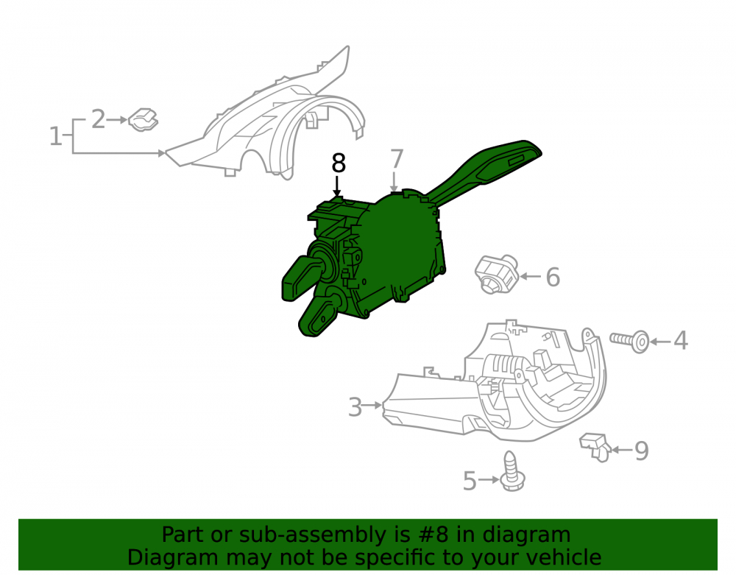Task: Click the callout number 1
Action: tap(55, 136)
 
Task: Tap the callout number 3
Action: tap(355, 406)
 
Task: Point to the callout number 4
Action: tap(681, 340)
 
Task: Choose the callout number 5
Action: tap(470, 481)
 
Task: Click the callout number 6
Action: tap(553, 277)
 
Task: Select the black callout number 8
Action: tap(339, 163)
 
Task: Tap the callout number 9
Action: tap(642, 451)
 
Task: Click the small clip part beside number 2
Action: tap(144, 120)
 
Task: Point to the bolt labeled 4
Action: tap(629, 340)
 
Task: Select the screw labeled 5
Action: tap(512, 471)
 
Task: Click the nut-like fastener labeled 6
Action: tap(496, 274)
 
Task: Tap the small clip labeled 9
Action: tap(595, 447)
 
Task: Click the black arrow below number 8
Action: tap(336, 186)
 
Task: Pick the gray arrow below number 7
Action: tap(394, 182)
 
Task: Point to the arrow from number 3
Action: tap(373, 405)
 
